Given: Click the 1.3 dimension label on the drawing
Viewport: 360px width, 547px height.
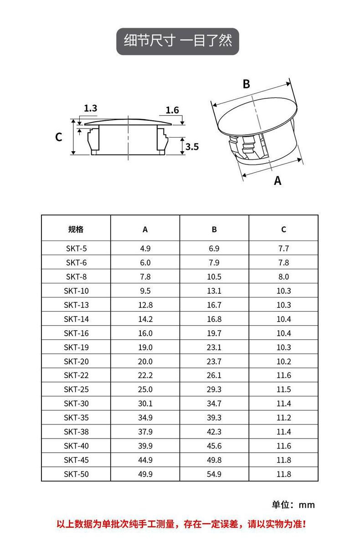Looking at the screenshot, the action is coord(90,108).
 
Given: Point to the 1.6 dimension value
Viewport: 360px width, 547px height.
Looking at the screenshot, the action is coord(172,110).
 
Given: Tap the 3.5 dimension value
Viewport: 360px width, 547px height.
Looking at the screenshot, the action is coord(192,147).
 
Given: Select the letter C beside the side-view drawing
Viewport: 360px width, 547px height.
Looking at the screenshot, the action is coord(59,137).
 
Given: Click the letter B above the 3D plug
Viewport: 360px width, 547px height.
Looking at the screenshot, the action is coord(247,84).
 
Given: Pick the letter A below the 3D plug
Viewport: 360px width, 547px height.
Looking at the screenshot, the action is coord(278,181).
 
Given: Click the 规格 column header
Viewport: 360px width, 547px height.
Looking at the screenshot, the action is coord(76,229).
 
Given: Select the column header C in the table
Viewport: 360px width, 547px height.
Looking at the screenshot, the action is coord(283,230).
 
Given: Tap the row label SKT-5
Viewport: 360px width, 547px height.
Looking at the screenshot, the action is coord(76,249).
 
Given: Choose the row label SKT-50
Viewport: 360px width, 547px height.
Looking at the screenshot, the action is coord(76,474).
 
